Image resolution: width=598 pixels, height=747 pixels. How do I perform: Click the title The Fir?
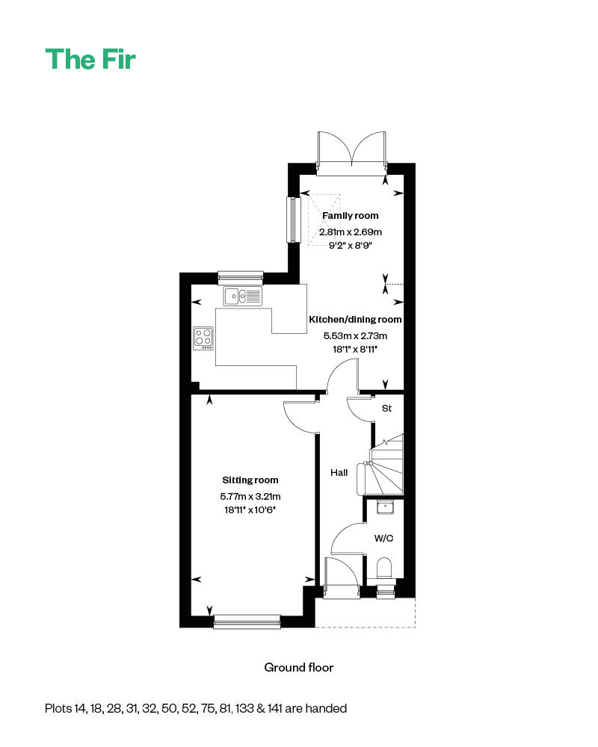click(90, 59)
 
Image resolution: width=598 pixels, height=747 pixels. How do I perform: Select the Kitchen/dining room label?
click(355, 320)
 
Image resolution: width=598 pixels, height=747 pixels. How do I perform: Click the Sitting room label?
click(250, 480)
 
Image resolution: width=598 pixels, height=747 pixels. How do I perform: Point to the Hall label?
click(339, 472)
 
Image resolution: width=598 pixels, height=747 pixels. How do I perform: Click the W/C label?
click(383, 537)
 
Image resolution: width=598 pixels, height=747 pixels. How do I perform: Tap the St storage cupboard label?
click(387, 409)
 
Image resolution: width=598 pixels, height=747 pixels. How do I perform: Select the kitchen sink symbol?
click(243, 297)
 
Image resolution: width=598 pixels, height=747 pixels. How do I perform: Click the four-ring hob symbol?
click(203, 338)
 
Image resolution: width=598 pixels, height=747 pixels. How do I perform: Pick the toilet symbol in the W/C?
click(385, 568)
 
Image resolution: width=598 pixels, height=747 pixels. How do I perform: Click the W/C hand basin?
click(385, 507)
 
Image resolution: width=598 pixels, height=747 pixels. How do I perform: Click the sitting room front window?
click(247, 621)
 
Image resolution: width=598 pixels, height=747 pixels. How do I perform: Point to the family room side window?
click(292, 220)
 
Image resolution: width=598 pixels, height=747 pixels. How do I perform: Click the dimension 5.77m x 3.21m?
click(250, 496)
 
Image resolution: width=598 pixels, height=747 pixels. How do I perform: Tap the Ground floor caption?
click(299, 667)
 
